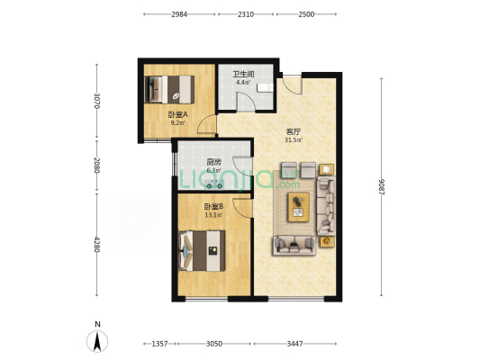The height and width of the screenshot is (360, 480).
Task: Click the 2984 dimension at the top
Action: pos(179,14)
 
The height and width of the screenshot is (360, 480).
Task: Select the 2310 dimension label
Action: pos(246,14)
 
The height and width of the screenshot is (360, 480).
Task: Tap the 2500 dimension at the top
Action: pos(306,14)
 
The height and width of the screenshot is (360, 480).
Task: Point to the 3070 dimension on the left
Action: pos(97,101)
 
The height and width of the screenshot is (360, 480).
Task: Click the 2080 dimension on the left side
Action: pos(97,166)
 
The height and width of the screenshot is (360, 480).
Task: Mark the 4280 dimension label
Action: pos(97,245)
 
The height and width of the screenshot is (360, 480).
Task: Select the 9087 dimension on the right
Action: pos(381,186)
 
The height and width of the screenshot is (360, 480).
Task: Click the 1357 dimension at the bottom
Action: pos(159,344)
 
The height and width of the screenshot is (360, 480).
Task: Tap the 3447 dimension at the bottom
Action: pos(294,344)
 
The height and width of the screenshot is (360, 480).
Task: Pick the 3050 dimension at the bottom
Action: pos(214,344)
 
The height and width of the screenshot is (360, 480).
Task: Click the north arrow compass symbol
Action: pos(97,341)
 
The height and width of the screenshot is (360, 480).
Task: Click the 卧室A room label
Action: pos(177,115)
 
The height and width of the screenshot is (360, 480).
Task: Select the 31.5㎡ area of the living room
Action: pos(294,140)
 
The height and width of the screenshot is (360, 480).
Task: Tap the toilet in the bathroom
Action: pos(265,88)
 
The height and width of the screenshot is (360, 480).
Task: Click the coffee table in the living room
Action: pos(298,207)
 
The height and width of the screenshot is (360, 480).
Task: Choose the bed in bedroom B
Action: pos(202,251)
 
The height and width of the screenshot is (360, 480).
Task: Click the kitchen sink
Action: pos(214,184)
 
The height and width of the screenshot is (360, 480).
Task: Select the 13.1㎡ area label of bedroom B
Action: pos(213,215)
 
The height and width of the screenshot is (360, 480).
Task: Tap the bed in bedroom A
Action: pos(169,89)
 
